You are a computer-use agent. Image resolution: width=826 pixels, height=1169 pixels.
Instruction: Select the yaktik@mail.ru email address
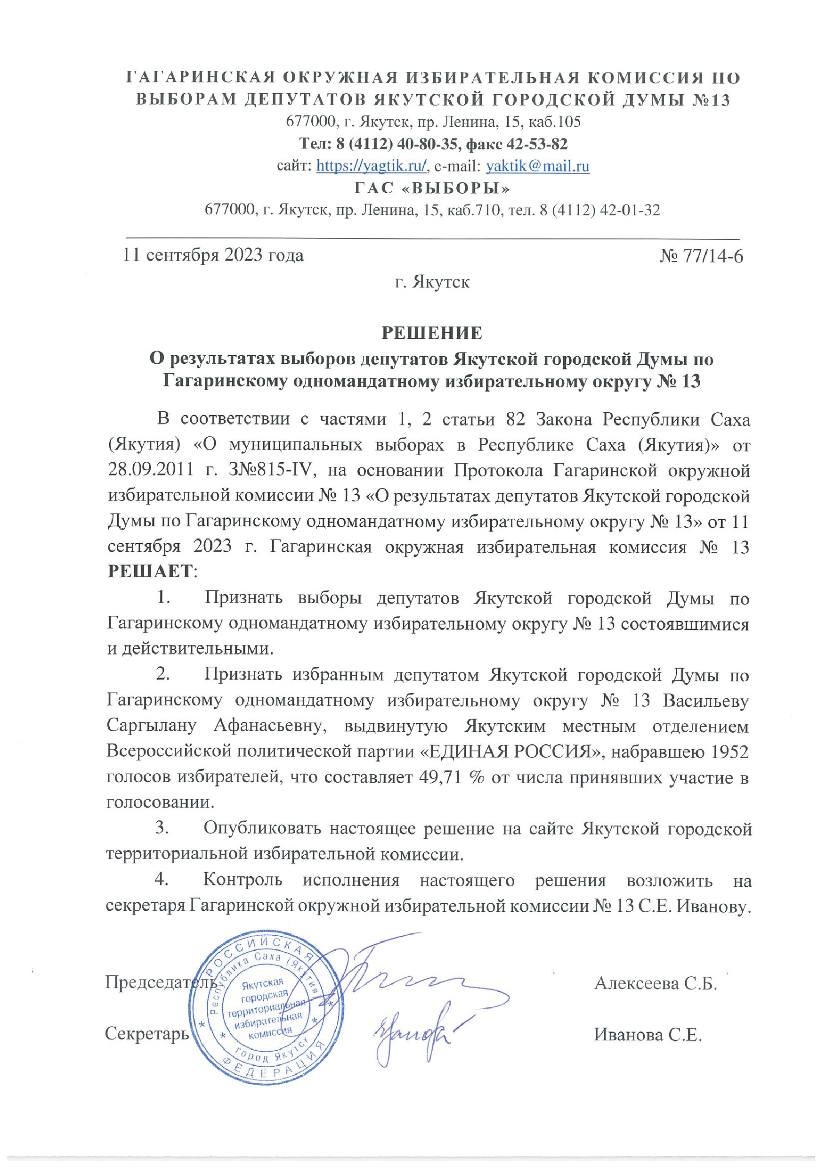coord(538,166)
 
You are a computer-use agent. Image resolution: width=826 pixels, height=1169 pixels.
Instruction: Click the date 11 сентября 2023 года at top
coord(213,255)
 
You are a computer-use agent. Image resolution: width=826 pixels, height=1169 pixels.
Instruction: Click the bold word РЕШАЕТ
coord(151,571)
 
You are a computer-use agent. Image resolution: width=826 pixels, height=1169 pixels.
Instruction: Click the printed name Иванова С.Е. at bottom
coord(648,1035)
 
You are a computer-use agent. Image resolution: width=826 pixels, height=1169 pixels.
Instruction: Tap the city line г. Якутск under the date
coord(432,282)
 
